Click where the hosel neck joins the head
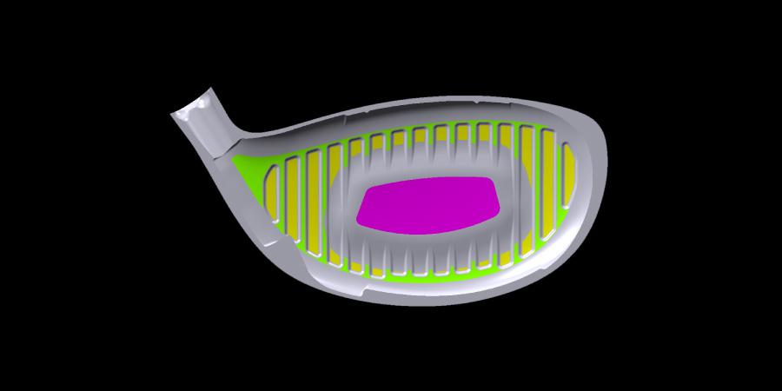228,143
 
